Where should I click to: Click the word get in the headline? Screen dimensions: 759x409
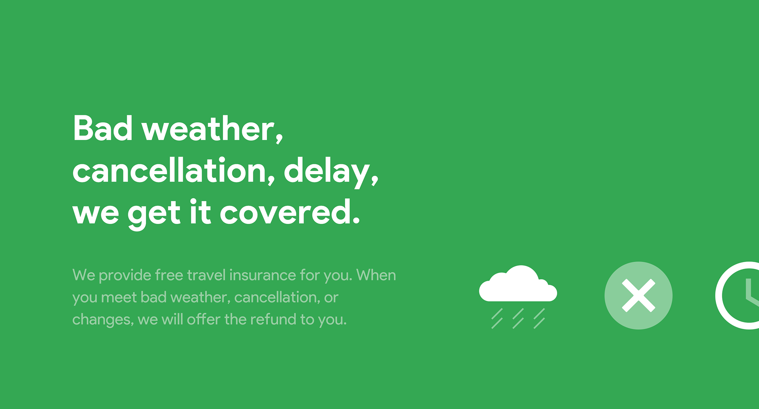pos(154,214)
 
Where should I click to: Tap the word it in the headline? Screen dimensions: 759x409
pos(200,212)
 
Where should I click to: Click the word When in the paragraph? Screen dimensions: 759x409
pos(376,275)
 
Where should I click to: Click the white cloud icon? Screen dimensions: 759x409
pos(518,283)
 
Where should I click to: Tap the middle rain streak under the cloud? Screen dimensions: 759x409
pos(518,318)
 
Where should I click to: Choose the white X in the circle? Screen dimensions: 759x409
pos(638,295)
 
